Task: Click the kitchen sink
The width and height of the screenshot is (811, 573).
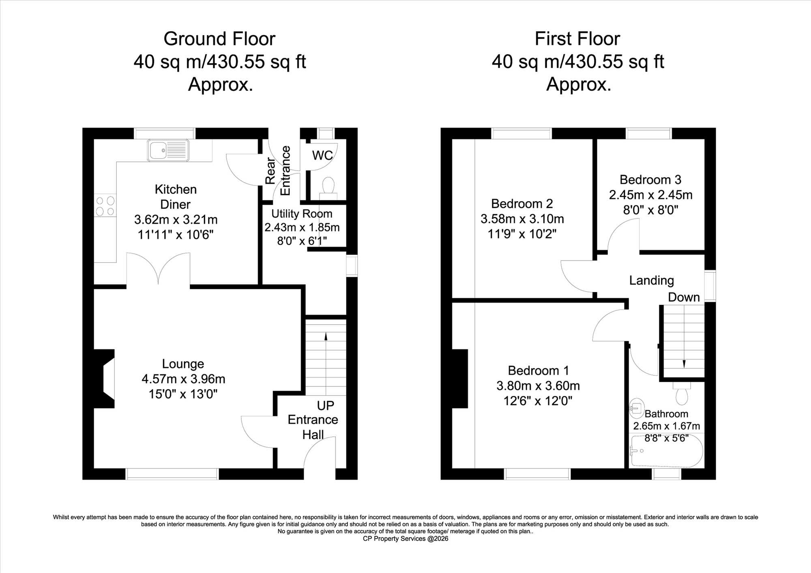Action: coord(168,150)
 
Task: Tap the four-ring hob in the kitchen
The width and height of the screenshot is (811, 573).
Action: coord(105,206)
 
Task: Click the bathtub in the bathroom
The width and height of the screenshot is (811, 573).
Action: coord(666,450)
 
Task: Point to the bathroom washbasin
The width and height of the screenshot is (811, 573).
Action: coord(637,408)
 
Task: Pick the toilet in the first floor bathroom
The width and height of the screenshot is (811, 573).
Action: coord(682,393)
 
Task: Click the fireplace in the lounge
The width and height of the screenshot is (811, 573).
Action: coord(104,378)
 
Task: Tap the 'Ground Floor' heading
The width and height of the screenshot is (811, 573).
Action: coord(219,39)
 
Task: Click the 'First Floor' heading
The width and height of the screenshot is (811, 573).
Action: coord(577,39)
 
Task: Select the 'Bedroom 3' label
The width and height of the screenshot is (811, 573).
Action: coord(650,180)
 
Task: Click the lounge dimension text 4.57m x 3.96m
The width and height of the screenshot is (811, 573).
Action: coord(183,379)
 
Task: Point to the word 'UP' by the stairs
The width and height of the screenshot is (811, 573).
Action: coord(326,405)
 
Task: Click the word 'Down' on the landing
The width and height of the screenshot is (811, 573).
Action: coord(684,297)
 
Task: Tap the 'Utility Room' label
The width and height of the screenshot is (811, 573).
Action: coord(302,214)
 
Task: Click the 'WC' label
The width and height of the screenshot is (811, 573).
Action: coord(322,155)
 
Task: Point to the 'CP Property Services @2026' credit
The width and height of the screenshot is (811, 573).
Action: coord(405,539)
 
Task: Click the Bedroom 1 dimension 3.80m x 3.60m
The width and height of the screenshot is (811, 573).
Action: coord(538,386)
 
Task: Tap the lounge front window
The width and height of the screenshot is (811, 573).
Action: coord(172,474)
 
